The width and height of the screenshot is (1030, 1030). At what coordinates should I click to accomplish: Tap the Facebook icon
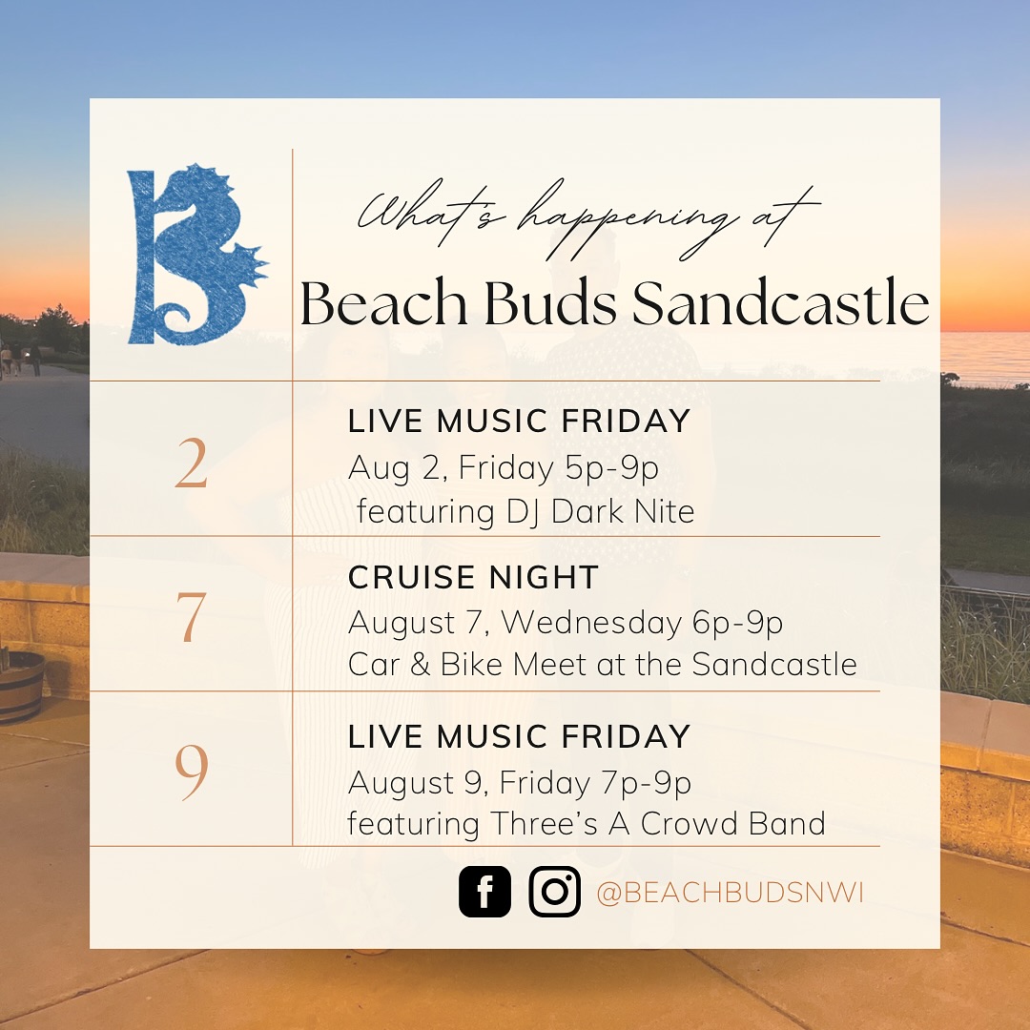(484, 892)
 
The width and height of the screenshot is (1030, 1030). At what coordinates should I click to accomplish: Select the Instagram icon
(554, 892)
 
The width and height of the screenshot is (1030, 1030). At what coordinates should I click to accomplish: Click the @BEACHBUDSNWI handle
(730, 893)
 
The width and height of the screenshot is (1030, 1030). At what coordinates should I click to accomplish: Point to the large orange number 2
(191, 464)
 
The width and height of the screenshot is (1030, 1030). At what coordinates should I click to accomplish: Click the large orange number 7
(191, 617)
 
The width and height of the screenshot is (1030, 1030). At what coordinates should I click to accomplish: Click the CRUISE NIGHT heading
(473, 577)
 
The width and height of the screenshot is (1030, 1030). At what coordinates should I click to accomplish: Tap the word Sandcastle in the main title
(781, 303)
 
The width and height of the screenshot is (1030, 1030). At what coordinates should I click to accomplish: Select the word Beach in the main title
(383, 303)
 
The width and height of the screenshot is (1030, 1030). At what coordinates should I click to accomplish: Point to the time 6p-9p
(737, 623)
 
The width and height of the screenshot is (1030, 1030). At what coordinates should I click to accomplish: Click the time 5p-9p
(612, 467)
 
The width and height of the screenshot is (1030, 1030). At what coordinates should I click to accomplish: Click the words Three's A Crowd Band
(657, 824)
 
